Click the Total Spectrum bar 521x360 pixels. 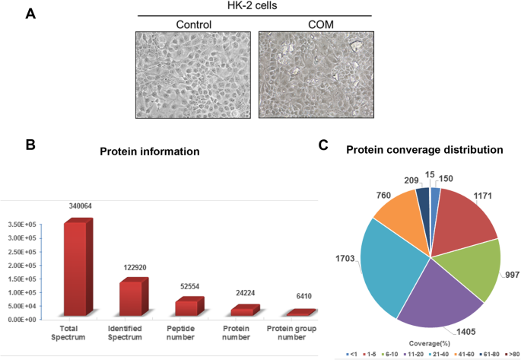coord(77,266)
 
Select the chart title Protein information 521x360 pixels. coord(150,151)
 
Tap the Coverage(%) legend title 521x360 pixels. coord(426,343)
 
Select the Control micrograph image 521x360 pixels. coord(192,75)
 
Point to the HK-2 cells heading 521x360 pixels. coord(253,7)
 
